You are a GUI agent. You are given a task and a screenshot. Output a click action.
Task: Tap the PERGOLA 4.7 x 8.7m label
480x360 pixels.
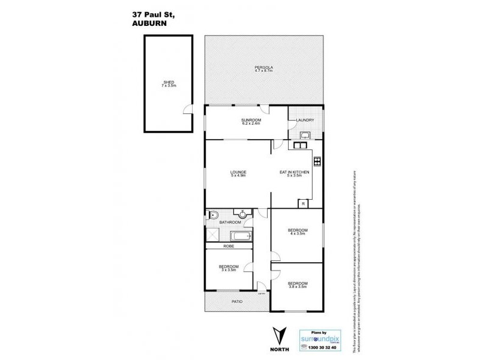click(x=262, y=69)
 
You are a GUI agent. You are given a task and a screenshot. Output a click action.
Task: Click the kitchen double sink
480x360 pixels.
click(x=299, y=145)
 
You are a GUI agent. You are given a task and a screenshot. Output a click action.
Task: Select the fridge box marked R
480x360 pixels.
click(x=304, y=204)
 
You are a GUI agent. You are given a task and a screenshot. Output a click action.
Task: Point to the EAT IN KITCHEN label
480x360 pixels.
click(x=295, y=172)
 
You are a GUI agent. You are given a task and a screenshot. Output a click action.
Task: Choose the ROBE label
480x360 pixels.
click(x=228, y=246)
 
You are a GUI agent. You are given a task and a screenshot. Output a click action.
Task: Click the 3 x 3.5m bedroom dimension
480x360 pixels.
click(x=229, y=269)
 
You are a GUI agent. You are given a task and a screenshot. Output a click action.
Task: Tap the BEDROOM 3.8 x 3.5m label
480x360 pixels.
click(x=297, y=284)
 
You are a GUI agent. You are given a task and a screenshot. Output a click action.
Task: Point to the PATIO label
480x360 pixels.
click(x=236, y=301)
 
